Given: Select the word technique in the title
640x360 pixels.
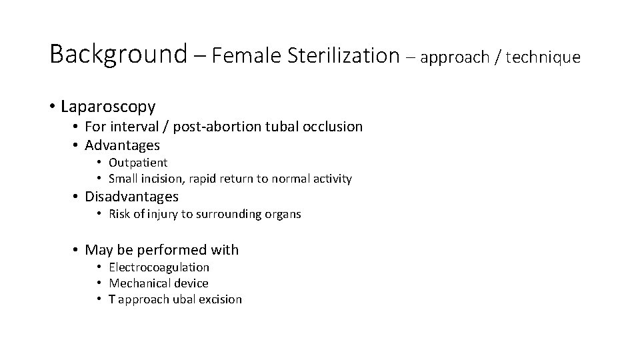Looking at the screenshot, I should point(543,58).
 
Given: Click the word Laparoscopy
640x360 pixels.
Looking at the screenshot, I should point(108,107).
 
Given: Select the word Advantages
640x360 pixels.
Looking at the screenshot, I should point(123,145).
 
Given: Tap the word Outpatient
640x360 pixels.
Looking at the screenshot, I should point(138,163).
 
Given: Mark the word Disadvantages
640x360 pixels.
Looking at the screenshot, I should point(132,197).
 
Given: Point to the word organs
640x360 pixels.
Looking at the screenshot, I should point(283,214).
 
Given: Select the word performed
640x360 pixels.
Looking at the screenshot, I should point(167,251).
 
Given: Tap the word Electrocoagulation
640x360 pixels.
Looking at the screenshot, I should point(159,267).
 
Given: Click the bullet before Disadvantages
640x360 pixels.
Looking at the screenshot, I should point(76,197).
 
